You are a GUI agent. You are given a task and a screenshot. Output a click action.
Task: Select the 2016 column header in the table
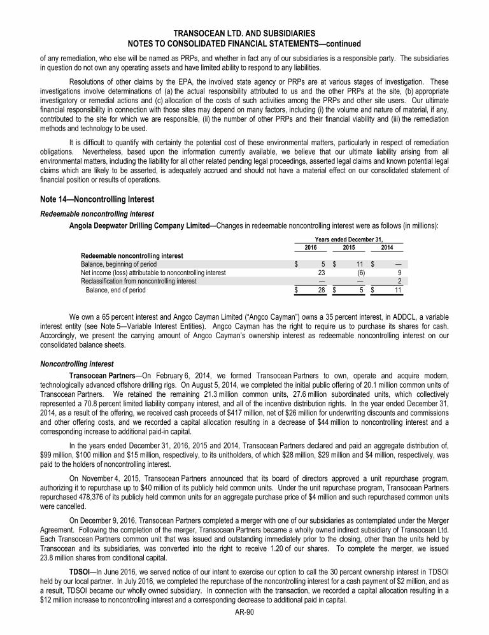click(x=311, y=247)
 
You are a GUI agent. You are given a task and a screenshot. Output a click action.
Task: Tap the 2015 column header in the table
click(x=349, y=247)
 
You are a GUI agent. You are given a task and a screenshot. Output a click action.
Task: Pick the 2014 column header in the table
click(x=387, y=247)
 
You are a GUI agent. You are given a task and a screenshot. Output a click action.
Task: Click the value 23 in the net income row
click(x=322, y=273)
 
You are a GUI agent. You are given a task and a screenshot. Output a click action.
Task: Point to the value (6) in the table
click(x=361, y=273)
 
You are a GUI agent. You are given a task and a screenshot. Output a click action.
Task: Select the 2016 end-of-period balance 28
click(x=322, y=290)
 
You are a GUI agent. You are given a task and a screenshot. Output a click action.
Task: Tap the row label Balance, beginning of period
click(x=118, y=264)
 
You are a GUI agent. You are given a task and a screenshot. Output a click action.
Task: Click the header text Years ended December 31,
click(x=350, y=239)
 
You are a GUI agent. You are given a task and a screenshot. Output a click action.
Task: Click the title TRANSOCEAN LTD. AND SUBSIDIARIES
click(x=244, y=33)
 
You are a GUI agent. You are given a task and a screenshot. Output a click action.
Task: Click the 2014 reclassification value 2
click(x=399, y=281)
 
